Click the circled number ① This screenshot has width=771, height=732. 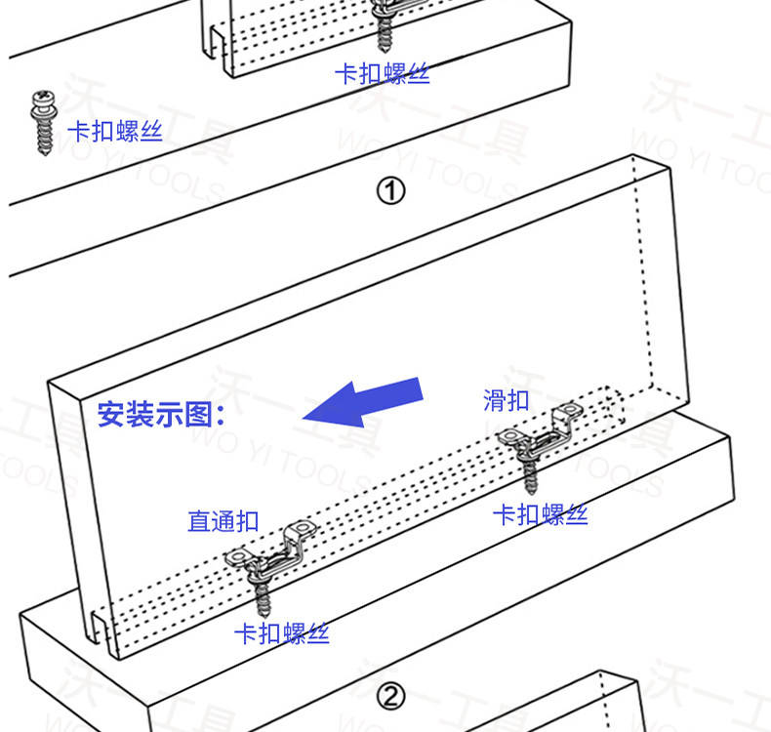point(390,190)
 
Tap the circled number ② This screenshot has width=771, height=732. point(390,697)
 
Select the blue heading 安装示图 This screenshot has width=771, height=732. point(161,415)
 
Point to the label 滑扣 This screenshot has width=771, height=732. point(507,399)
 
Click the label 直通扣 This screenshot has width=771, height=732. point(223,521)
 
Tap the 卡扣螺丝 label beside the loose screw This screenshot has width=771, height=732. point(114,132)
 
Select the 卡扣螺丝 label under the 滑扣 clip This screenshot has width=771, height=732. point(541,514)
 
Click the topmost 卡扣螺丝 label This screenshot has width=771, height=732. point(382,73)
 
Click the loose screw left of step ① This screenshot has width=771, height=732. point(43,122)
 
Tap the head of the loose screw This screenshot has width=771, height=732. point(43,99)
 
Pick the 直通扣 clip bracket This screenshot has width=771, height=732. point(272,550)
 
